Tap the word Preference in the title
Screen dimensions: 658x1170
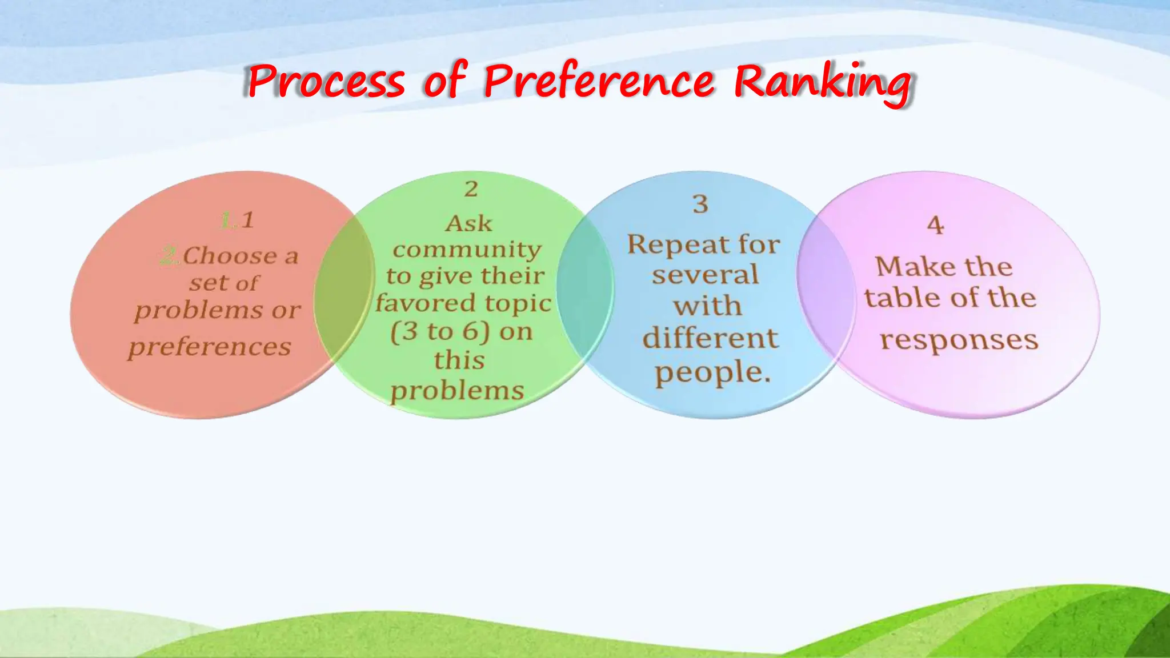coord(599,81)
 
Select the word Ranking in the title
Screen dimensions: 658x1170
coord(823,83)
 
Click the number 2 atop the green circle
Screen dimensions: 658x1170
coord(471,189)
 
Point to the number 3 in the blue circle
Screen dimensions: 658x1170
coord(700,204)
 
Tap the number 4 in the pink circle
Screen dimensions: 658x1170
coord(935,225)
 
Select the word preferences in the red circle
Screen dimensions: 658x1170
coord(210,347)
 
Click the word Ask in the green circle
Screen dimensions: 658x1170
coord(468,223)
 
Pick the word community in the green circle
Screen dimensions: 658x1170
coord(467,250)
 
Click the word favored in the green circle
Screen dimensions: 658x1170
coord(426,303)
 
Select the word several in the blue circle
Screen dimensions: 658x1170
coord(706,275)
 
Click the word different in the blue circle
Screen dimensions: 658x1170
coord(710,338)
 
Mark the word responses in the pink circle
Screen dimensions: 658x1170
coord(959,340)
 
